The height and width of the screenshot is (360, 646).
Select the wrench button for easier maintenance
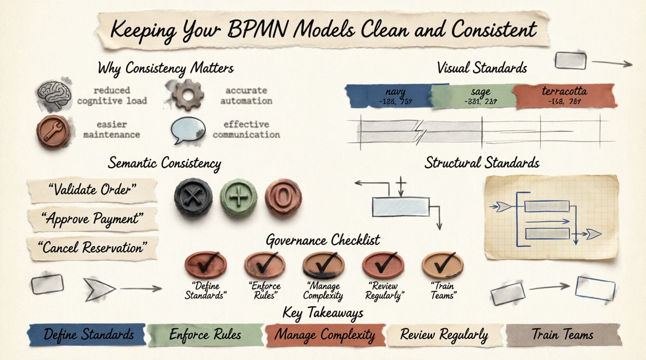[x=53, y=132]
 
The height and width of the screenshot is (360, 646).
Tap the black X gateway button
[x=193, y=197]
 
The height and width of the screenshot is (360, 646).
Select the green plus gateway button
[x=239, y=197]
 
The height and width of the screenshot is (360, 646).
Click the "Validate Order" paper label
[x=92, y=190]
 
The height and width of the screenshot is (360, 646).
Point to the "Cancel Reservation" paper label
[x=92, y=247]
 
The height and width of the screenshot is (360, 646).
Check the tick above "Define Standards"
[x=205, y=265]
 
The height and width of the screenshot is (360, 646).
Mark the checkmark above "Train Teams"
[x=442, y=265]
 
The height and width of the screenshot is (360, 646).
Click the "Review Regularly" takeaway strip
[x=444, y=335]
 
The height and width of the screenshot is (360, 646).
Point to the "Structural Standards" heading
[x=482, y=163]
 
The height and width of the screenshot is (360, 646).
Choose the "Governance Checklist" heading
[x=323, y=240]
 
